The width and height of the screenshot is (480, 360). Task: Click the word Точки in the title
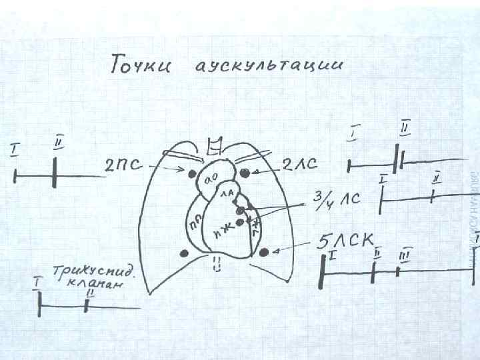point(141,66)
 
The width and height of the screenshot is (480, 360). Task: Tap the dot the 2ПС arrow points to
point(193,174)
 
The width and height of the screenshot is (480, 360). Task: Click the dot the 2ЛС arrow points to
point(245,173)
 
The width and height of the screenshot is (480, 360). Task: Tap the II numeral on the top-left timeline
point(59,141)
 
